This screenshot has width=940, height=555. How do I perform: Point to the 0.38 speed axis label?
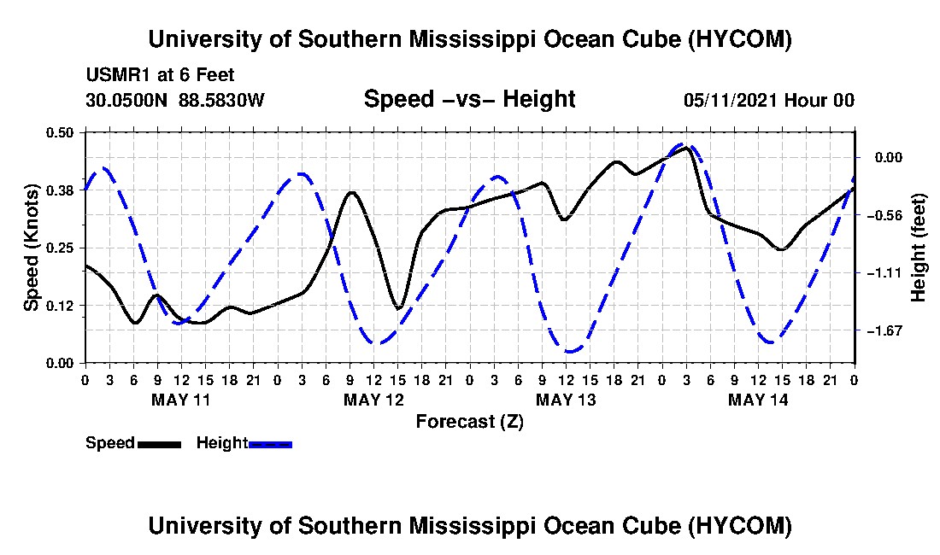[x=59, y=190]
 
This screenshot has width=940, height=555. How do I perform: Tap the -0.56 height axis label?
[x=889, y=215]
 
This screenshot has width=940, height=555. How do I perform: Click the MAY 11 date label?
[x=181, y=400]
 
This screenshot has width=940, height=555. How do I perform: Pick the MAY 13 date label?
[x=566, y=400]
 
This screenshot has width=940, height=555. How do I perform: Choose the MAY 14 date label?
[x=758, y=400]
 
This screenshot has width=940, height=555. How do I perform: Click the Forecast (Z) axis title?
[x=470, y=422]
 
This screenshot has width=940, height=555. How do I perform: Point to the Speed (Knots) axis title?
[x=31, y=248]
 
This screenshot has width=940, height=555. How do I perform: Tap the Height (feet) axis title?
[x=918, y=248]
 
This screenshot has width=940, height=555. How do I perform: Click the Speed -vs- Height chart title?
[x=469, y=99]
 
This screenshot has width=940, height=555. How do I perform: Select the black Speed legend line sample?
[x=159, y=444]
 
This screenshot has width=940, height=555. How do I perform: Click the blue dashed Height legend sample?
[x=270, y=444]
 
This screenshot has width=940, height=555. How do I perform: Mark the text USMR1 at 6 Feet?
[x=160, y=75]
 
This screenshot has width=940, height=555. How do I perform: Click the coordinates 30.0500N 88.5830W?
[x=175, y=100]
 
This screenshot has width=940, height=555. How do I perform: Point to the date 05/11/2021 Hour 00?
[x=769, y=100]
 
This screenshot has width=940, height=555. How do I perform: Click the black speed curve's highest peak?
[x=687, y=147]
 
